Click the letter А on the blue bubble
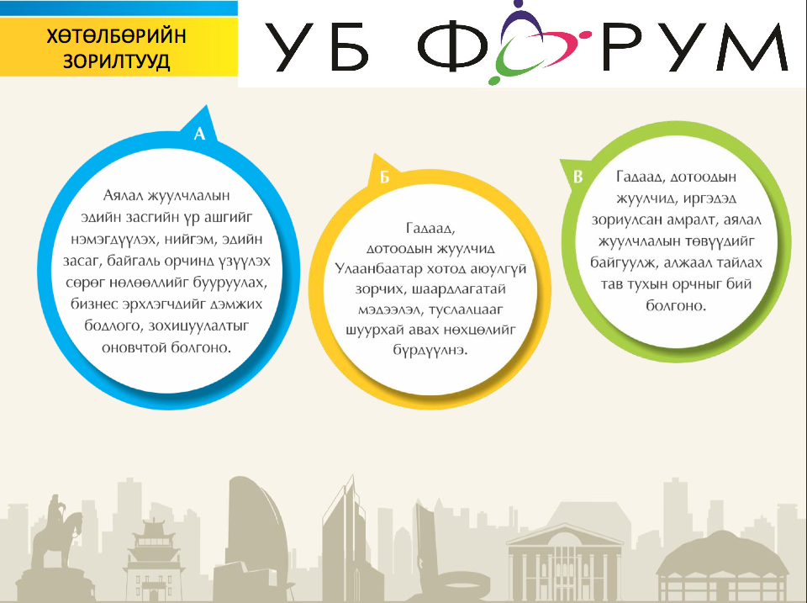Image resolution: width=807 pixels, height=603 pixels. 199,134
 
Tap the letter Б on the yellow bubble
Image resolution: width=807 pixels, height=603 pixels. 384,177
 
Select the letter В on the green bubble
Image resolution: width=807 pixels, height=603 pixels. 578,177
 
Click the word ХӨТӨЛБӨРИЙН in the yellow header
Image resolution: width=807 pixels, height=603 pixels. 116,36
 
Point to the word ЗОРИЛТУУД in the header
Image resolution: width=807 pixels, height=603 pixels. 116,61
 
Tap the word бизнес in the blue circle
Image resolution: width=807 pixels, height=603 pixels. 94,304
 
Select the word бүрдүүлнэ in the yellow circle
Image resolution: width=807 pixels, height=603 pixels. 430,351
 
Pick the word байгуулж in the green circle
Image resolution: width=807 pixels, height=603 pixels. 624,263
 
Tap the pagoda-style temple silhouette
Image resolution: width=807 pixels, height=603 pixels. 153,558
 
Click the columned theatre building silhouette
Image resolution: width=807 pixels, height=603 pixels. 565,560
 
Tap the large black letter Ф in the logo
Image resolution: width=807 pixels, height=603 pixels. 452,47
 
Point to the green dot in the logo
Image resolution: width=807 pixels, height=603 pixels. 493,81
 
